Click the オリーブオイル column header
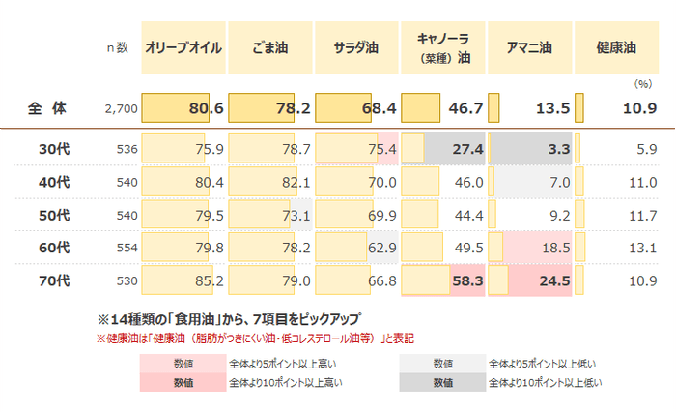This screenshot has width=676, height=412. (183, 46)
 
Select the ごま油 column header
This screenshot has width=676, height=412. (269, 46)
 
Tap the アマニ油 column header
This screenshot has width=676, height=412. (529, 46)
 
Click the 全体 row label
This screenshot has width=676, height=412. (46, 108)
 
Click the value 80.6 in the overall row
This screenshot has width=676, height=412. (206, 108)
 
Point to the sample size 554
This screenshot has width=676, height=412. (127, 249)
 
